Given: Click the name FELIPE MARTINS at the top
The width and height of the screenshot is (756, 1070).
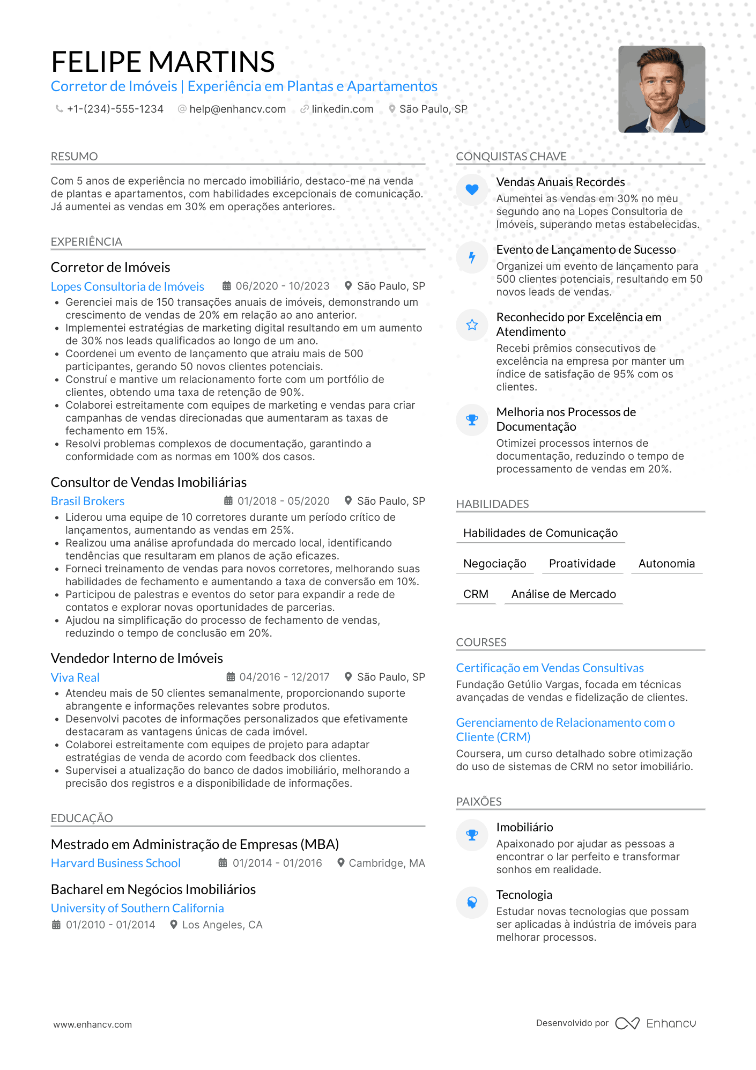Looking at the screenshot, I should tap(162, 62).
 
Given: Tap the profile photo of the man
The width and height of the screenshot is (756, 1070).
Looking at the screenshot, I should tap(661, 89).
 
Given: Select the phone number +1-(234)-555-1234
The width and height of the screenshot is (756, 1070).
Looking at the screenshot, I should tap(115, 109).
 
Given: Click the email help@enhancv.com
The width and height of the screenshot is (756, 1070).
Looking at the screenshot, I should tap(237, 109).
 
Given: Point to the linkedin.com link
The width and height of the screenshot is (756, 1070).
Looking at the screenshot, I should tap(342, 109).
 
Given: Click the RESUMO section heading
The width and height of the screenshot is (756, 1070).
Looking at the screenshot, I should tap(75, 157).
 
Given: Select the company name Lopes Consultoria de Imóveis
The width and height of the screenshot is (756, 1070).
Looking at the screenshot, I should tap(128, 286).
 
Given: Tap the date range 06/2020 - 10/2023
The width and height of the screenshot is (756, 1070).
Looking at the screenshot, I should tap(282, 286).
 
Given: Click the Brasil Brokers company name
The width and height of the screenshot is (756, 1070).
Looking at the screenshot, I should tap(87, 501).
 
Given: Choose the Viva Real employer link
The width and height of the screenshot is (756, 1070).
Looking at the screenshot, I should tap(75, 677).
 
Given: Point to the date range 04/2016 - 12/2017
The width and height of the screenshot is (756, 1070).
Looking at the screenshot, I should tap(284, 677).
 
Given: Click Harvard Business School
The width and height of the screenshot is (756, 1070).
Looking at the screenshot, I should tap(116, 863).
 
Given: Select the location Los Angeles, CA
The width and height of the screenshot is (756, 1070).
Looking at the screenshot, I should tap(222, 925).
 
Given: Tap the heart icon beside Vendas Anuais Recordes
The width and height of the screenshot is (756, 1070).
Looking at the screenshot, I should tap(472, 189).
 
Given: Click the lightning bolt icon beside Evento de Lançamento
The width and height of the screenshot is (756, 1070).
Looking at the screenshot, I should tap(472, 257).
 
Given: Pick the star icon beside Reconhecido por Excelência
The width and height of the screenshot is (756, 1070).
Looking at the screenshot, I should tap(472, 324).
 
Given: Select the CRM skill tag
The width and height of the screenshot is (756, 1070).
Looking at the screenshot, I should tap(476, 594).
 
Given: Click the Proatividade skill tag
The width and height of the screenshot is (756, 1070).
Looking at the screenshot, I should tap(582, 564).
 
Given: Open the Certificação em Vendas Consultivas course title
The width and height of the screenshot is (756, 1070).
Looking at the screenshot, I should tap(550, 668).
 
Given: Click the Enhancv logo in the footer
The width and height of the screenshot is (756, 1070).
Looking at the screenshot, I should tap(655, 1023).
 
